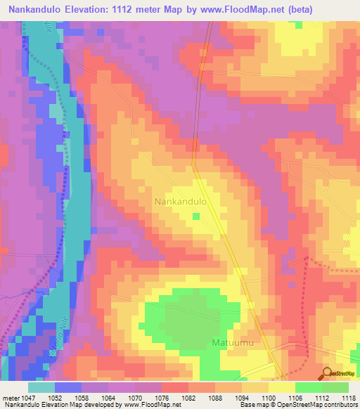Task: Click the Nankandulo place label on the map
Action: [180, 202]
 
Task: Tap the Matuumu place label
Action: [232, 343]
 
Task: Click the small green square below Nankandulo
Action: [196, 216]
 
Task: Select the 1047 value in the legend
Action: [29, 397]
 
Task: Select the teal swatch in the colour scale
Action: [41, 387]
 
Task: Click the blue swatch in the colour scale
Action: [68, 387]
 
